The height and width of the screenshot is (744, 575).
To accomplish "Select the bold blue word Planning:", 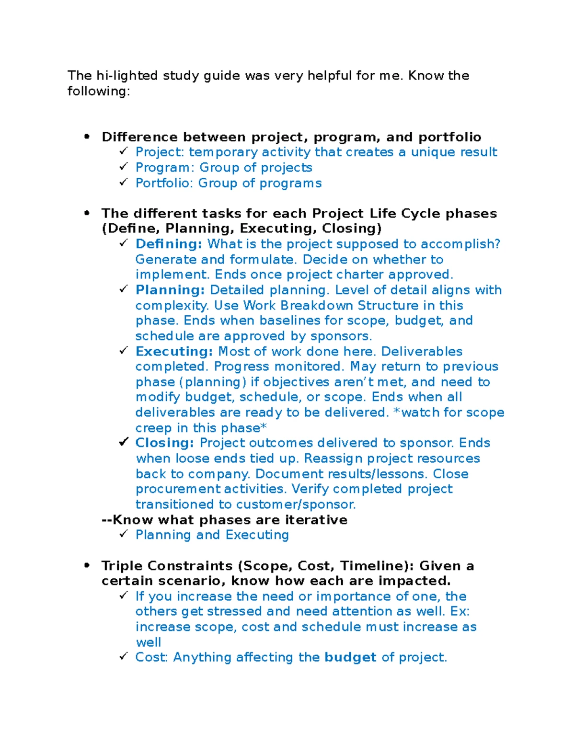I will tap(170, 290).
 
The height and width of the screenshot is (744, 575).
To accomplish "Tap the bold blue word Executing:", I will tap(174, 351).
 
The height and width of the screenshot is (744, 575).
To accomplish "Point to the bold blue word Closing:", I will tap(164, 443).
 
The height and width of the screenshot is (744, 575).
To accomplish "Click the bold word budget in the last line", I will tap(350, 657).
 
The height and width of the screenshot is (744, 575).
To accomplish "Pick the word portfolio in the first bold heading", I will tap(449, 137).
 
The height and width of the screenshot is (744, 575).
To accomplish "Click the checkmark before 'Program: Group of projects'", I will tap(124, 167).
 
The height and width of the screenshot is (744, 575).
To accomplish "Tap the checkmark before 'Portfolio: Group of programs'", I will tap(124, 182).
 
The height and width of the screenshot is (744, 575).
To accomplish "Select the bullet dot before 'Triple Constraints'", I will tap(87, 566).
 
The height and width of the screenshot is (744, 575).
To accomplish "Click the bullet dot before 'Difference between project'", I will tap(87, 137).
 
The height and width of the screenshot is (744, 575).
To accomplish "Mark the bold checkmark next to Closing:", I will tap(124, 442).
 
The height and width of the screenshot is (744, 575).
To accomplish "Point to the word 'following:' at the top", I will tap(98, 91).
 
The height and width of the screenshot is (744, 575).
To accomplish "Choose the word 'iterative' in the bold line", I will tap(316, 520).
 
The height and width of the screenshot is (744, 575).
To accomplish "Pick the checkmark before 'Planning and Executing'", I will tap(124, 534).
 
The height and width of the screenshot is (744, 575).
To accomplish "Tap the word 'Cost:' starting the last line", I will tap(151, 657).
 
